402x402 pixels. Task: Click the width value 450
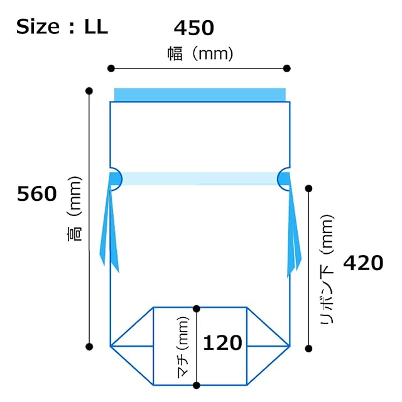194,28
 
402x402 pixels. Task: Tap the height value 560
36,194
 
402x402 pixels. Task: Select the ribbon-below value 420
363,263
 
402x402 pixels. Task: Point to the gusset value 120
222,343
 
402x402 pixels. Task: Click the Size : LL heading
62,26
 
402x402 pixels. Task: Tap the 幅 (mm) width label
200,53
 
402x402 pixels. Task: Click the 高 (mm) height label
74,209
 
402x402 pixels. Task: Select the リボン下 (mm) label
327,269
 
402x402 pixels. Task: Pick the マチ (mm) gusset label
183,347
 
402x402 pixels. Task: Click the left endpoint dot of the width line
111,68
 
